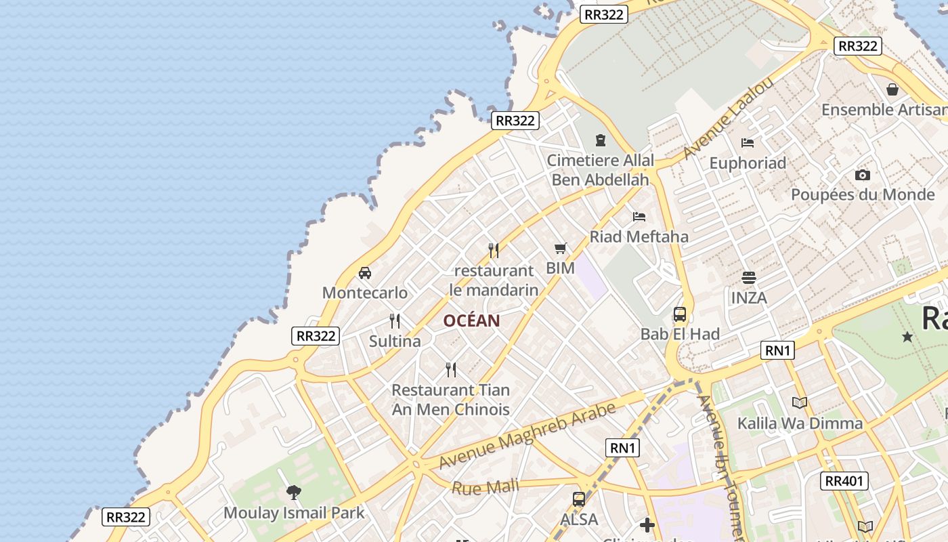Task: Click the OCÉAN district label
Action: (472, 321)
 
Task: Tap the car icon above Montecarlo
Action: (365, 273)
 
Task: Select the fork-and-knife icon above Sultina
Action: (395, 321)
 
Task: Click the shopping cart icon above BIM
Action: (560, 249)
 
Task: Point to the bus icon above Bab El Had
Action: (680, 314)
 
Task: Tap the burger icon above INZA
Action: (748, 277)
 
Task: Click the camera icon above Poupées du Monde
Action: (862, 175)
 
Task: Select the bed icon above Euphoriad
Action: (748, 143)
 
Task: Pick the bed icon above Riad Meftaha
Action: (639, 217)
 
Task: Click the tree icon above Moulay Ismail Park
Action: (293, 493)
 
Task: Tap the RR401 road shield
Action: (844, 481)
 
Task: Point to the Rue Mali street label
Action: (485, 486)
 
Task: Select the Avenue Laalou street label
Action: (728, 119)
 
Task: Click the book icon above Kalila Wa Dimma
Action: (800, 403)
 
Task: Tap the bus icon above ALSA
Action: (579, 499)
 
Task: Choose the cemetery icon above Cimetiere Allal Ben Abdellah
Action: (600, 140)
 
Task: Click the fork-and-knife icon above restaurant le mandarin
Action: (494, 251)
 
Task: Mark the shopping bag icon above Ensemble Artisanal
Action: (892, 89)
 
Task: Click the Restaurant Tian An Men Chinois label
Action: (451, 400)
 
